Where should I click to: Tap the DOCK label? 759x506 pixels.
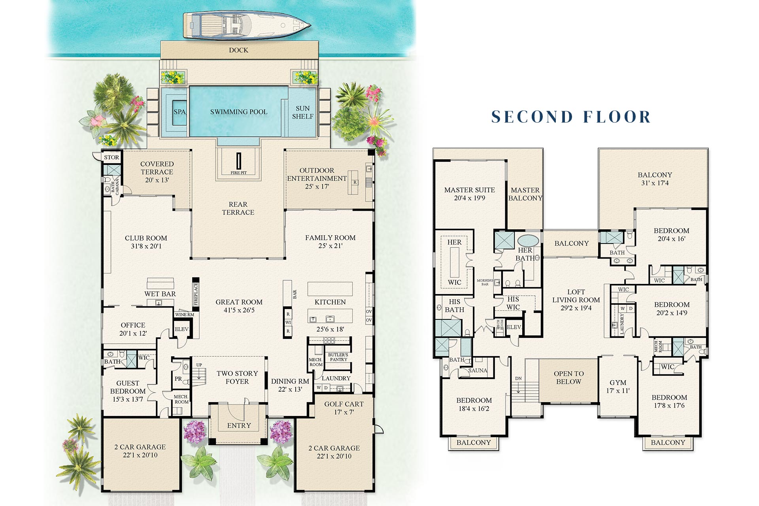pyautogui.click(x=239, y=50)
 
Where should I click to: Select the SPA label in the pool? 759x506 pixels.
pyautogui.click(x=179, y=112)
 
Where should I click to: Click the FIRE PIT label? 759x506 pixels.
pyautogui.click(x=239, y=173)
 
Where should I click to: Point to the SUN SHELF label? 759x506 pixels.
pyautogui.click(x=303, y=112)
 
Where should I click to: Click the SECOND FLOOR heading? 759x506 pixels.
pyautogui.click(x=571, y=117)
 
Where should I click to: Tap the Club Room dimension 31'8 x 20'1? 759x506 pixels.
pyautogui.click(x=146, y=246)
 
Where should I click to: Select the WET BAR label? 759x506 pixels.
pyautogui.click(x=160, y=294)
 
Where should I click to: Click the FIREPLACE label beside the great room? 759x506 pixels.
pyautogui.click(x=195, y=294)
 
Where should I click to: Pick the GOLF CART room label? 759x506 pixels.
pyautogui.click(x=344, y=404)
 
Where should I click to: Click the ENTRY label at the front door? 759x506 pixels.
pyautogui.click(x=239, y=425)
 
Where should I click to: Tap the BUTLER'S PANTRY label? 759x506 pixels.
pyautogui.click(x=338, y=357)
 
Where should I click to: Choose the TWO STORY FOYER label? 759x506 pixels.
pyautogui.click(x=237, y=378)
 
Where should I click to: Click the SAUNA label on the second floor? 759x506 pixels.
pyautogui.click(x=478, y=370)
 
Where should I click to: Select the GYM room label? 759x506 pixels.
pyautogui.click(x=618, y=383)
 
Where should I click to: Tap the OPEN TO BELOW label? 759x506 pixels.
pyautogui.click(x=569, y=378)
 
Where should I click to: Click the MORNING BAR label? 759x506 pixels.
pyautogui.click(x=485, y=282)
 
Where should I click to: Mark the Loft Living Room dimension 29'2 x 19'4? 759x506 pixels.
pyautogui.click(x=576, y=308)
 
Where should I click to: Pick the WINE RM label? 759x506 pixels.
pyautogui.click(x=185, y=315)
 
